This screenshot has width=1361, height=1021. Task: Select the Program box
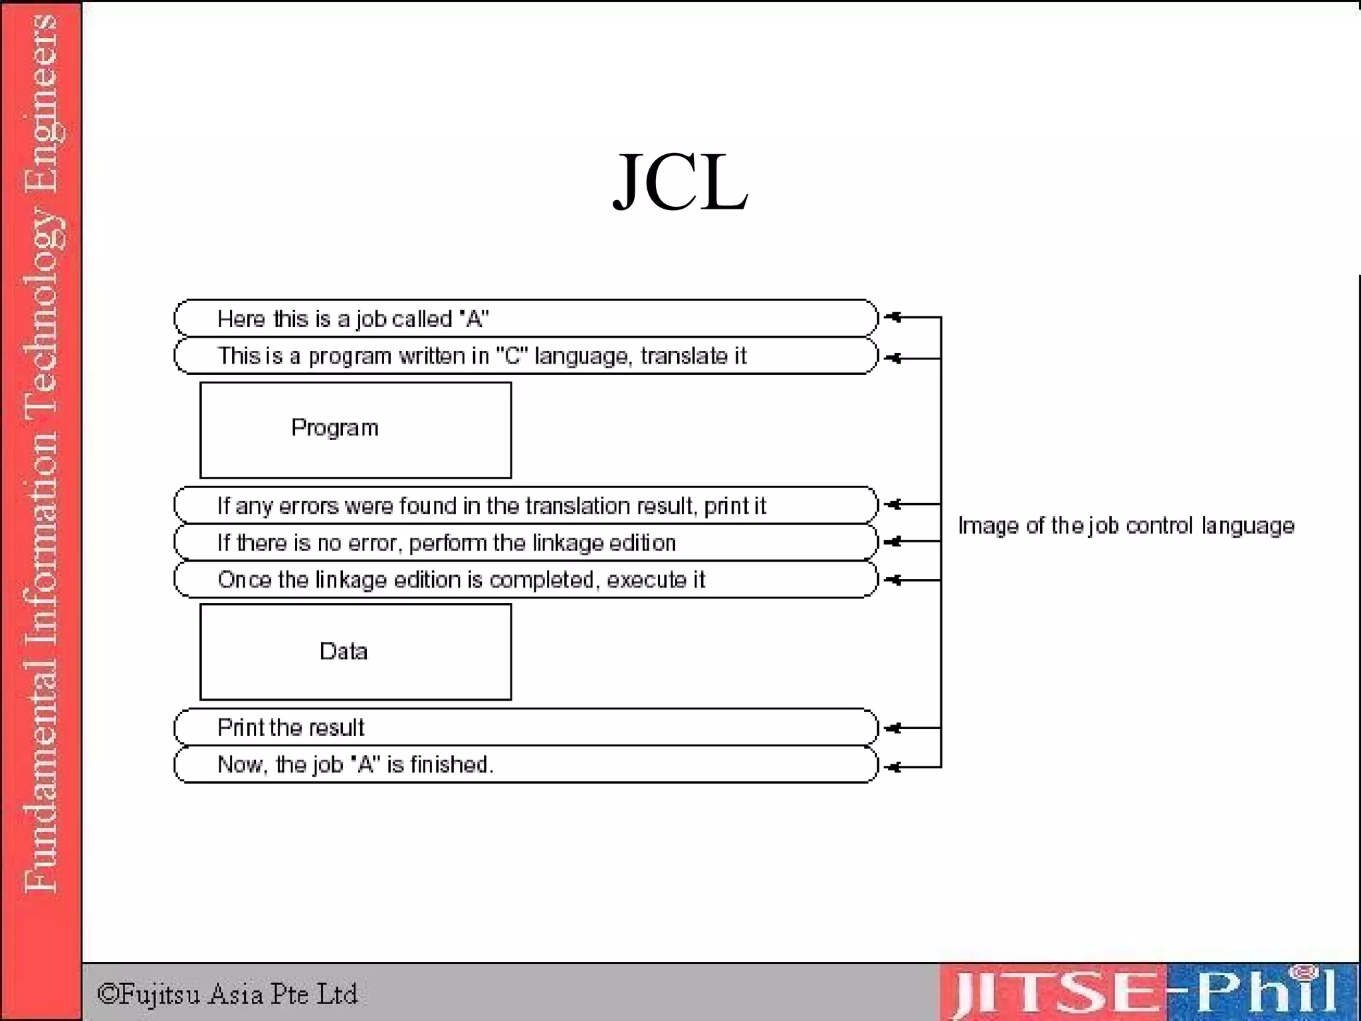356,429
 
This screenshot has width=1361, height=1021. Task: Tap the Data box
356,651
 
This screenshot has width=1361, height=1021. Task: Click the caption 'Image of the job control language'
1126,526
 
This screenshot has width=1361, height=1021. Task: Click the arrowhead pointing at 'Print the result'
894,729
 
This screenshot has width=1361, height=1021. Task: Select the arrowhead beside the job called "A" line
894,317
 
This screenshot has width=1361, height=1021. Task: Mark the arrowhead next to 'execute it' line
894,580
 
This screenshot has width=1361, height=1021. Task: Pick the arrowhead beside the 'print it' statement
894,505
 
